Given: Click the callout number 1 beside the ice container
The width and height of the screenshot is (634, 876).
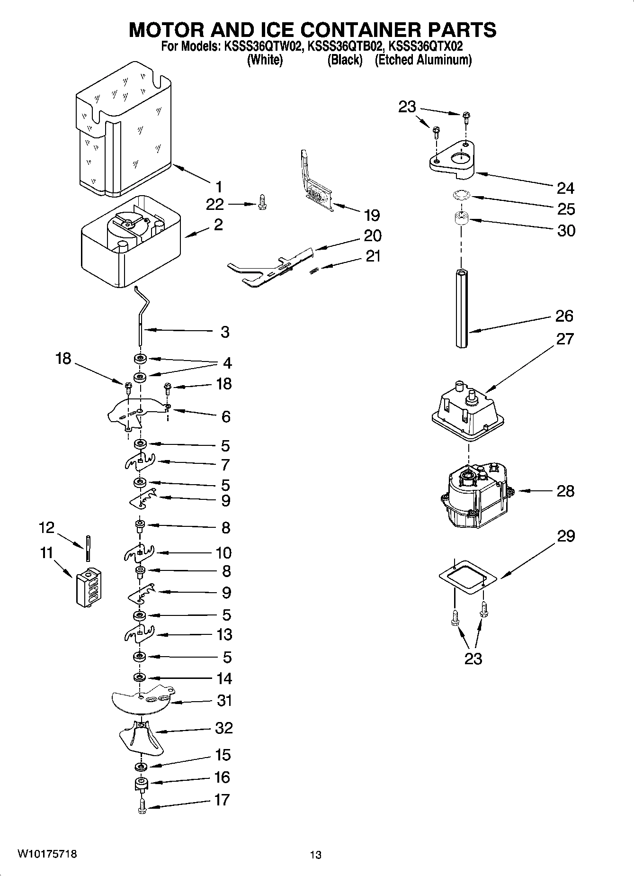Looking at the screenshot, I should tap(218, 187).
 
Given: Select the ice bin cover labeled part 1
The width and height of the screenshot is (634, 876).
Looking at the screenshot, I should tap(123, 133).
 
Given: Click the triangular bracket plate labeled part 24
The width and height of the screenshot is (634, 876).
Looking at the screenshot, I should tap(453, 161).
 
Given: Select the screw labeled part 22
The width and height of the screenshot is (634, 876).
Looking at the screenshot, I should tap(261, 204).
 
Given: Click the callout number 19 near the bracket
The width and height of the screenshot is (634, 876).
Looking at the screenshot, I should tap(372, 216).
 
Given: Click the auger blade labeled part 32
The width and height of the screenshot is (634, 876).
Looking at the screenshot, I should tap(141, 739).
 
